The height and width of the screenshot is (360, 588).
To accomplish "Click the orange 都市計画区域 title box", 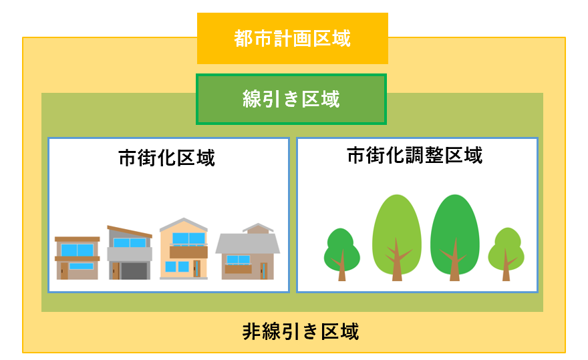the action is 293,38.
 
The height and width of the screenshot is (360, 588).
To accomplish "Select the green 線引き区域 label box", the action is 291,99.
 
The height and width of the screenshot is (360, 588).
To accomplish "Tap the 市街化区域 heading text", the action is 167,158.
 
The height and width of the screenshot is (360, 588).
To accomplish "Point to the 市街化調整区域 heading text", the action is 415,155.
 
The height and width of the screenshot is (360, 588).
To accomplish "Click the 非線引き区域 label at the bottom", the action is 301,331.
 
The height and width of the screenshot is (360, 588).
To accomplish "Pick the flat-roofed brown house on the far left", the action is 78,258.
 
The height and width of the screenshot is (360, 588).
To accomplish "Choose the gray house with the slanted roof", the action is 130,252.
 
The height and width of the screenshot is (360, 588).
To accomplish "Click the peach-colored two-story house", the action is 184,248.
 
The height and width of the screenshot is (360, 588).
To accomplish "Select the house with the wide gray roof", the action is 247,251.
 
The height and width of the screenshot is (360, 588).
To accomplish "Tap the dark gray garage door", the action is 134,271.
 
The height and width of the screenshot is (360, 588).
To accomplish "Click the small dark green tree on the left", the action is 341,254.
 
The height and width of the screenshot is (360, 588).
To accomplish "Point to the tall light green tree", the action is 397,238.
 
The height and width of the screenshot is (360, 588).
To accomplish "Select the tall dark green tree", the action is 455,238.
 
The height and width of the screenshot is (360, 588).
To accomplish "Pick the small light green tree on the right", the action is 506,254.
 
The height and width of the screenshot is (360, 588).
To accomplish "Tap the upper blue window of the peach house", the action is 188,238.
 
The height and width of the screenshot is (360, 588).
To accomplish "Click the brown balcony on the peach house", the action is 188,252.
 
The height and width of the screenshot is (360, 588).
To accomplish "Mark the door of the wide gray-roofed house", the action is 264,271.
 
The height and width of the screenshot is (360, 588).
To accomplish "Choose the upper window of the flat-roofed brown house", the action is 78,250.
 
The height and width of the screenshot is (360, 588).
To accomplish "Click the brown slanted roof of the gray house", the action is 130,231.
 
